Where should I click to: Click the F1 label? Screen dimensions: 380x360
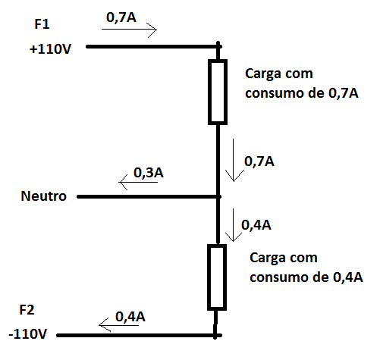click(42, 24)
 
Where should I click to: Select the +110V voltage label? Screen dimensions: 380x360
click(50, 49)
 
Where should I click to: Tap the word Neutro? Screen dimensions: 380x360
click(43, 196)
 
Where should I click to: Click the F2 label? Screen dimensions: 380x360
click(27, 310)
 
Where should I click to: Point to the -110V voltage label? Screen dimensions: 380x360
click(28, 334)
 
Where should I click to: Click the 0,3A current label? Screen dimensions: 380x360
click(149, 173)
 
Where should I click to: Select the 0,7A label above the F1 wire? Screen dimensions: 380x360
click(121, 17)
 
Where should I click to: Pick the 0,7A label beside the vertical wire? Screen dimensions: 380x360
click(259, 161)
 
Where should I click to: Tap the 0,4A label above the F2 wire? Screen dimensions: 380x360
click(130, 317)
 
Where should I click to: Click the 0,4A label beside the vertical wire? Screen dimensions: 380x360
click(256, 225)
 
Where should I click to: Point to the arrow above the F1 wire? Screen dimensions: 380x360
click(129, 30)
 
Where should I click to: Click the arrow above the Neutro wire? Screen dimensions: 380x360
click(138, 182)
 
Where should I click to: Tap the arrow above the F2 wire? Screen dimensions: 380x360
click(118, 325)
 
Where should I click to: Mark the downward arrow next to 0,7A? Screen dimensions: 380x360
click(234, 160)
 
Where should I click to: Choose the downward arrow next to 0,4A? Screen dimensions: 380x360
click(233, 225)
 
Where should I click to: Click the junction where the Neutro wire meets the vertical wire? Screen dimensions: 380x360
click(218, 196)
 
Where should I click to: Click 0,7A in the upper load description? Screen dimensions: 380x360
click(344, 93)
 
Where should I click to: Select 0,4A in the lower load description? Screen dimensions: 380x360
click(348, 277)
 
